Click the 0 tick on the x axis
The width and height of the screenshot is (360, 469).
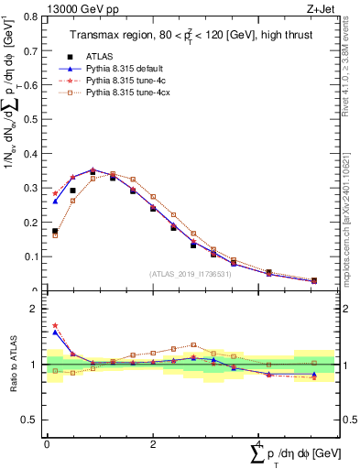coord(47,444)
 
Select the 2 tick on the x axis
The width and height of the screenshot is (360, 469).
coord(152,444)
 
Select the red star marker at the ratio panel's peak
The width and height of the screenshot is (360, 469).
coord(55,325)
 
